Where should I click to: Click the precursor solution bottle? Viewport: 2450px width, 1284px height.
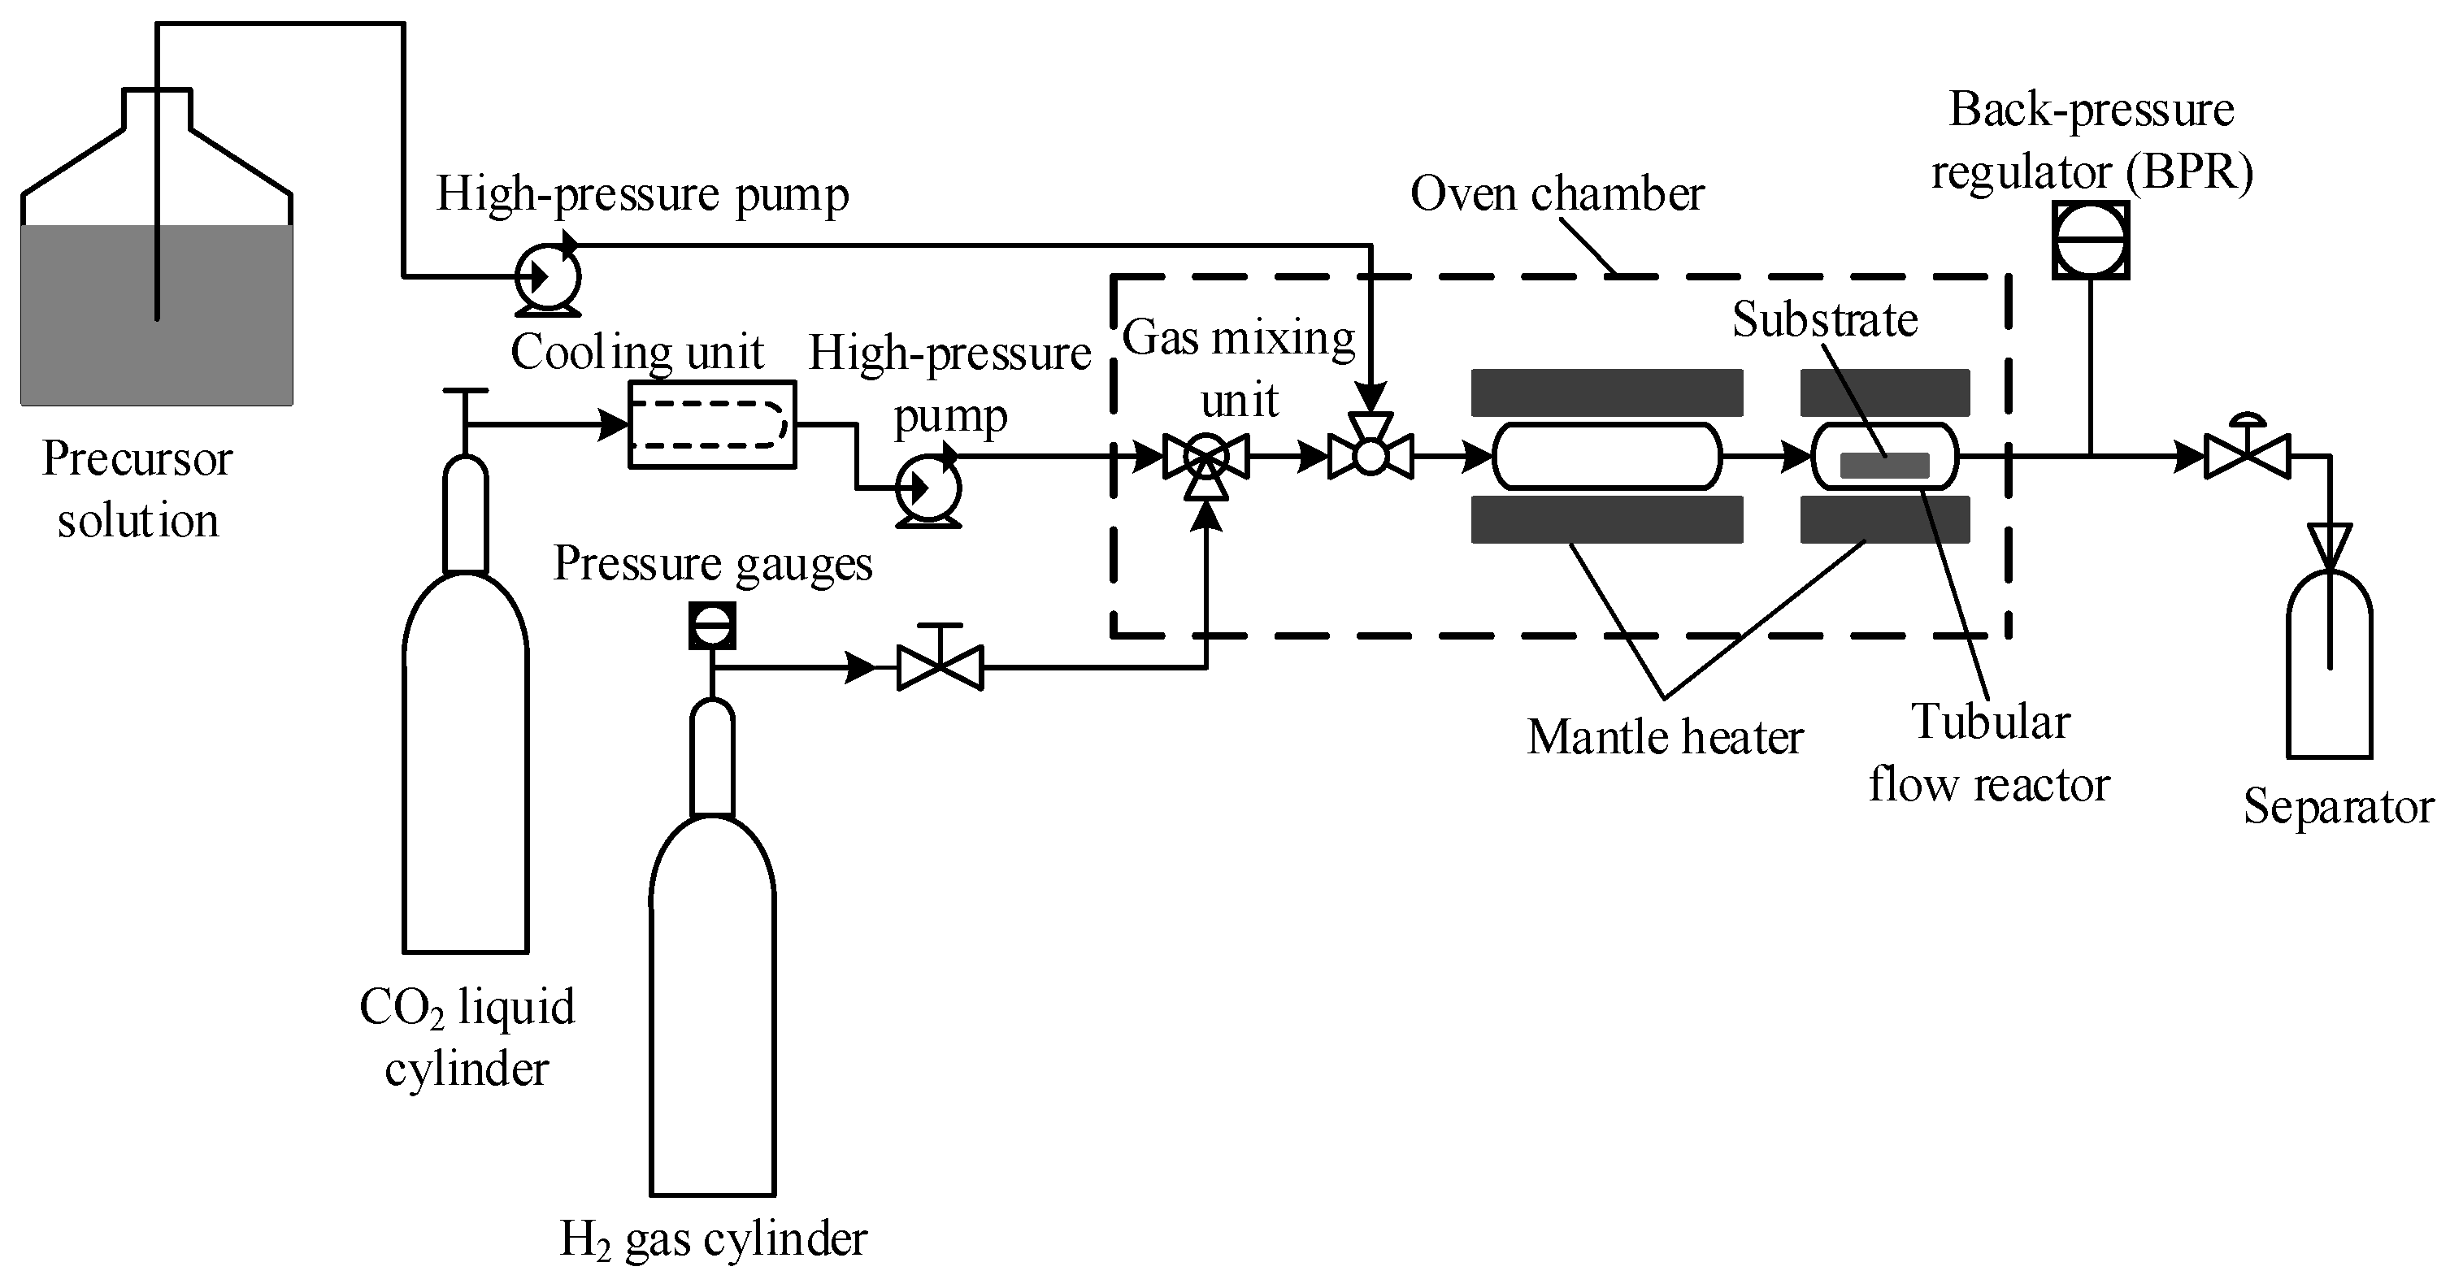pyautogui.click(x=157, y=285)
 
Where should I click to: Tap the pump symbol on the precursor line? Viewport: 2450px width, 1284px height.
pyautogui.click(x=548, y=277)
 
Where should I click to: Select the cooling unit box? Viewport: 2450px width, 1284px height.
pyautogui.click(x=712, y=424)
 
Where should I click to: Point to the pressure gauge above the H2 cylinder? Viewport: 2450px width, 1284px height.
pyautogui.click(x=712, y=627)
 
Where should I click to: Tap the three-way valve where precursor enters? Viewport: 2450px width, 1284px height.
pyautogui.click(x=1371, y=457)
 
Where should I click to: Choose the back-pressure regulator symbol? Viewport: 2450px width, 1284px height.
pyautogui.click(x=2091, y=240)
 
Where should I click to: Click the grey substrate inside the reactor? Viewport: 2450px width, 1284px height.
pyautogui.click(x=1884, y=465)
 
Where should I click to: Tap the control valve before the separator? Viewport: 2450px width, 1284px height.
pyautogui.click(x=2248, y=457)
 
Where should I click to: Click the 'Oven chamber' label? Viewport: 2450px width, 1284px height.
pyautogui.click(x=1557, y=194)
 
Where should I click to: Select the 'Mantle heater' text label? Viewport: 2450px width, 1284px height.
pyautogui.click(x=1665, y=737)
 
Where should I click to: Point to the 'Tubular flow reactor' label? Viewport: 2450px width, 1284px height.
pyautogui.click(x=1990, y=753)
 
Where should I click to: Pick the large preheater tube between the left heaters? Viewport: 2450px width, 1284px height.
pyautogui.click(x=1606, y=457)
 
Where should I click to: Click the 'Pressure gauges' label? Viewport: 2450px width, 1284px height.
pyautogui.click(x=712, y=563)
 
